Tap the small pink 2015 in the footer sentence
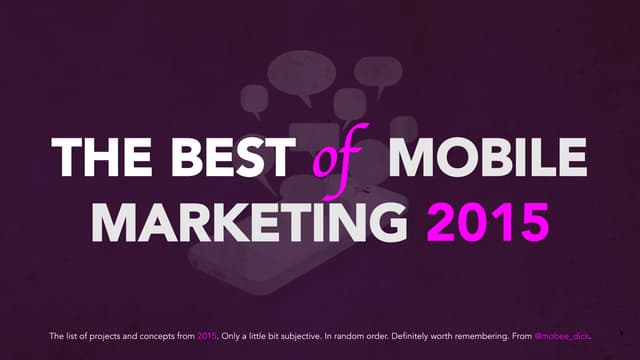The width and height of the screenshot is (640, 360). (x=207, y=336)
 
